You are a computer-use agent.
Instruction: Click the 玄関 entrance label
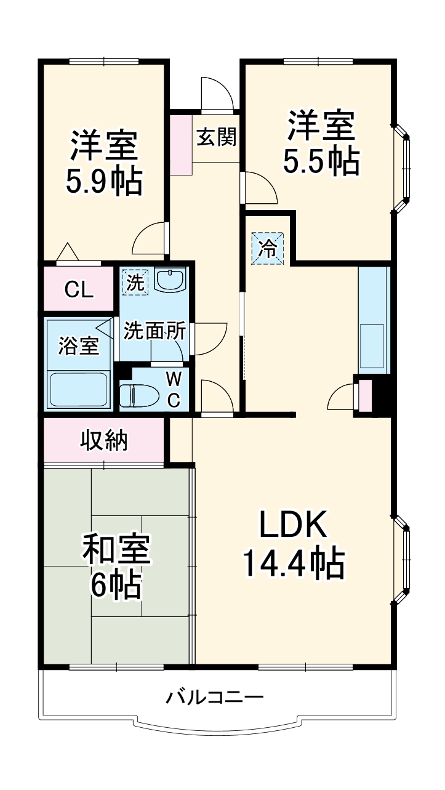(216, 137)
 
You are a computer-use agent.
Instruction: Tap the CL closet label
(79, 289)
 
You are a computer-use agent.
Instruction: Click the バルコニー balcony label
(215, 698)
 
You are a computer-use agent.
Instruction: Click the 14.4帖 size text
(293, 562)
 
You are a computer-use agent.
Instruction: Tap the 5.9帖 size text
(103, 180)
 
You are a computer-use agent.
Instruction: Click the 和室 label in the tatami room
(117, 549)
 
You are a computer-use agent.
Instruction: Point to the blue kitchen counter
(374, 320)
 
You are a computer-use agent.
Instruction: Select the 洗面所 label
(154, 331)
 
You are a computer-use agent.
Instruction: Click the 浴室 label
(79, 345)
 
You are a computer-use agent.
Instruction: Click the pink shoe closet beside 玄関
(181, 143)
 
